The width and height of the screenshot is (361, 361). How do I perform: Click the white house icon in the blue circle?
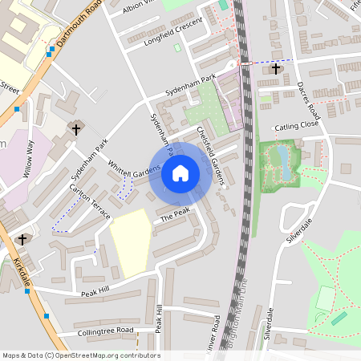[180, 172]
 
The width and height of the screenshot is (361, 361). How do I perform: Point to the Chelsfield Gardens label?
[212, 157]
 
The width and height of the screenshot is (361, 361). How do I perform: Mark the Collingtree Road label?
[106, 331]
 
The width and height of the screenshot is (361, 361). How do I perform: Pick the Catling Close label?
[297, 127]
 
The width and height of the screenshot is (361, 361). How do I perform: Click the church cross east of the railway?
[276, 69]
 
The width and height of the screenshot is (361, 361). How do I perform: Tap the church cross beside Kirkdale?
[22, 239]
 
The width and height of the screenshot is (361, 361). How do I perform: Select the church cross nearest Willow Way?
[77, 128]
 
